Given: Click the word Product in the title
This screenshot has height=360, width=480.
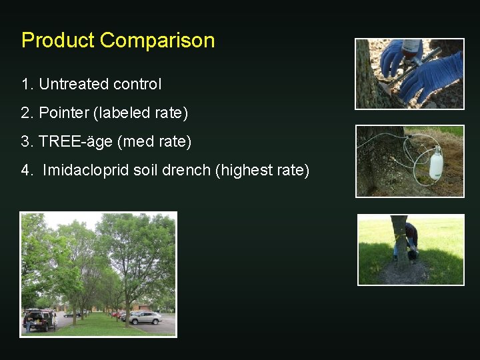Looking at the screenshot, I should point(58,41).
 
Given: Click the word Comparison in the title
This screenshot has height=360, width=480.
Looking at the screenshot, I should point(157,41).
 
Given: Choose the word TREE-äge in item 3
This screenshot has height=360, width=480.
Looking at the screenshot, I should point(71,142).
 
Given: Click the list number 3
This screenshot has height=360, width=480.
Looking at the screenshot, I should point(25,142).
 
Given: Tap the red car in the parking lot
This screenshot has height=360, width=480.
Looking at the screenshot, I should point(118,314).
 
